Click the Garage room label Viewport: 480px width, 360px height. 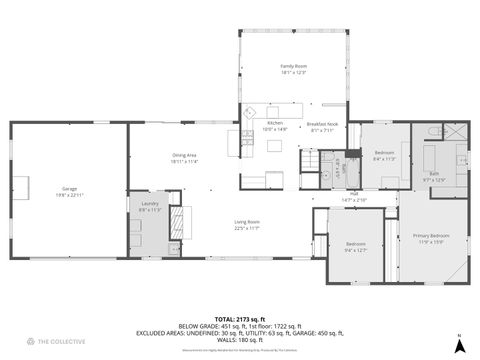coord(69,187)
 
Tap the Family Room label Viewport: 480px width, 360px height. coord(293,66)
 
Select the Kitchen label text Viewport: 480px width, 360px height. coord(274,124)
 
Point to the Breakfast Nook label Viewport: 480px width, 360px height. coord(322,124)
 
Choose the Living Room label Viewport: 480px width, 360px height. coord(247,221)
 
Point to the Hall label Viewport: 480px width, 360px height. coord(354,195)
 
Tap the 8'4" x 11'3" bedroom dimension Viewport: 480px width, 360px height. coord(384,158)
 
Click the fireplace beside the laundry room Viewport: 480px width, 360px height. coord(182,221)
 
